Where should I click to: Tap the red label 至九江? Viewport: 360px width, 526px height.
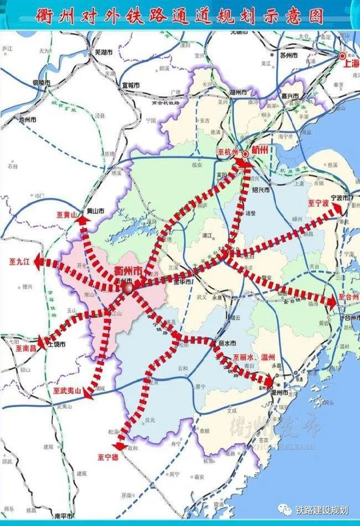click(20, 261)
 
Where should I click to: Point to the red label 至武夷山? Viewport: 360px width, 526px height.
click(67, 391)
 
